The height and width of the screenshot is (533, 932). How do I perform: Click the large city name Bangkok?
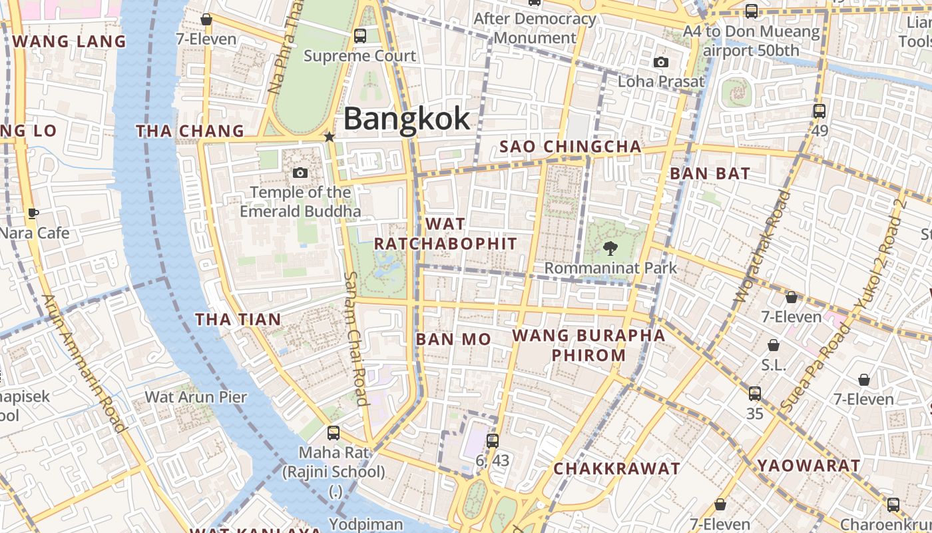[x=407, y=119]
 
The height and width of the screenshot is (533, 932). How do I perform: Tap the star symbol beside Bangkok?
[x=329, y=137]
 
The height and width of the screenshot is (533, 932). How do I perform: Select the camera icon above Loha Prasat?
[x=660, y=63]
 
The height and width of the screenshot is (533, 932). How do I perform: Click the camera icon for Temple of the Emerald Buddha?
[x=300, y=173]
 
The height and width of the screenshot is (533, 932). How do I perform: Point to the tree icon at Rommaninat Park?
[x=609, y=249]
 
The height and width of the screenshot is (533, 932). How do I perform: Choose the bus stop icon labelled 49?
[x=819, y=111]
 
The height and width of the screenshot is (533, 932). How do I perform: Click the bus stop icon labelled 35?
[x=754, y=394]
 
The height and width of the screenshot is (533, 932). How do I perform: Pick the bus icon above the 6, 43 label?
[x=493, y=440]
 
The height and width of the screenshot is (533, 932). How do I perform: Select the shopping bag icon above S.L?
[x=774, y=345]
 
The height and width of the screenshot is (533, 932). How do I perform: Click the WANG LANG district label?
[x=69, y=41]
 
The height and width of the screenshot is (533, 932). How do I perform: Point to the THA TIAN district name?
[x=238, y=320]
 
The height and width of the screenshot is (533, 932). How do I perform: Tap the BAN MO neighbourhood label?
[x=453, y=339]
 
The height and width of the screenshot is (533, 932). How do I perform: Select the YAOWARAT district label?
[x=809, y=466]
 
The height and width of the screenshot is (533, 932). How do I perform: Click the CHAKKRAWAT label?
[x=616, y=468]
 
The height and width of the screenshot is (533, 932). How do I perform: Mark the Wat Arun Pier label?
[x=196, y=397]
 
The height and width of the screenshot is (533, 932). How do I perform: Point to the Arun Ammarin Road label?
[x=84, y=363]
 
